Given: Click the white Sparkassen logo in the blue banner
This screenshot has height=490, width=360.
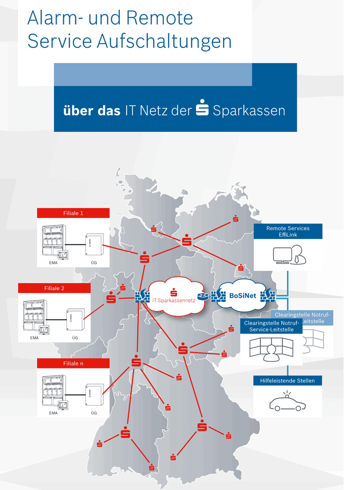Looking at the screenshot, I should (x=202, y=109).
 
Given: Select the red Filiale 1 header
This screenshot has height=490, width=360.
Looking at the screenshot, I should (x=74, y=213).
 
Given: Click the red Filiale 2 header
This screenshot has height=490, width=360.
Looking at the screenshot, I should (x=55, y=288).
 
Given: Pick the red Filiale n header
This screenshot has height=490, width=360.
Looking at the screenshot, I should (x=74, y=363).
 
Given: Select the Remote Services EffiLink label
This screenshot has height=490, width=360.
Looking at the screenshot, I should (x=289, y=231).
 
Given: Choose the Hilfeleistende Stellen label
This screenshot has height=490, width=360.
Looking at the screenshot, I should (x=288, y=381).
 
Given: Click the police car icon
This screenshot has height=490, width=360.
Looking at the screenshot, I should (x=287, y=402).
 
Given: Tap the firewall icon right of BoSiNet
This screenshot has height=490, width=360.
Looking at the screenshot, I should (x=267, y=296).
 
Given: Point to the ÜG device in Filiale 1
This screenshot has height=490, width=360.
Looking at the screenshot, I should (x=93, y=244).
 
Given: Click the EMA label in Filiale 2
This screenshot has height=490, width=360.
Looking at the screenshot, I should (x=34, y=338).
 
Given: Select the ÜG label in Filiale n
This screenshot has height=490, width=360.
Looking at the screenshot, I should (x=94, y=413).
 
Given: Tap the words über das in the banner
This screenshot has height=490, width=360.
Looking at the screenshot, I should (x=92, y=111).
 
